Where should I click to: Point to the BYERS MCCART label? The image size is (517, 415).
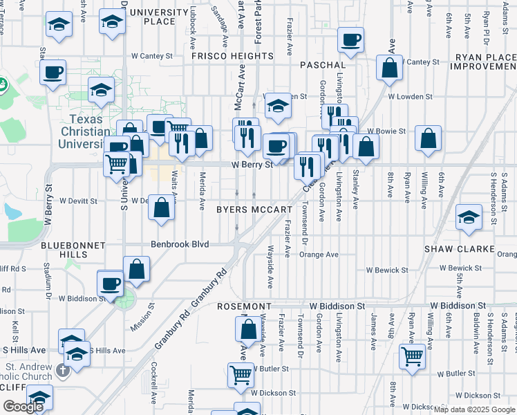254,209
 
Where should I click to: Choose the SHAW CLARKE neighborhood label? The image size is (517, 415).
459,248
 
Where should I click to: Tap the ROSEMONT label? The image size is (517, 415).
244,306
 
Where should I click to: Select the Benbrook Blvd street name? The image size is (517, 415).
180,244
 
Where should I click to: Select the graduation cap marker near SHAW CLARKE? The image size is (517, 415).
469,217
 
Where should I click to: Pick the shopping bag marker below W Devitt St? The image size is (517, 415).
161,207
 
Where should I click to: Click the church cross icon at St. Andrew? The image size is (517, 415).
63,370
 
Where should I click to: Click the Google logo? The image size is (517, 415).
23,407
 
